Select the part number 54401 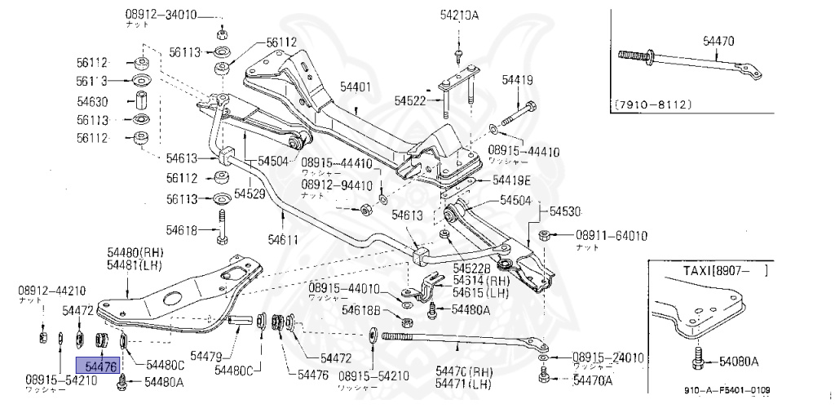pyautogui.click(x=355, y=86)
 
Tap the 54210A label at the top pyautogui.click(x=459, y=15)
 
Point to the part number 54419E pyautogui.click(x=510, y=180)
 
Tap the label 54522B pyautogui.click(x=471, y=269)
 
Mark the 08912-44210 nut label pyautogui.click(x=51, y=290)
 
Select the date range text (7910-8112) pyautogui.click(x=653, y=104)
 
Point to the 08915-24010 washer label pyautogui.click(x=607, y=357)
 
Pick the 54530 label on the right pyautogui.click(x=564, y=211)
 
